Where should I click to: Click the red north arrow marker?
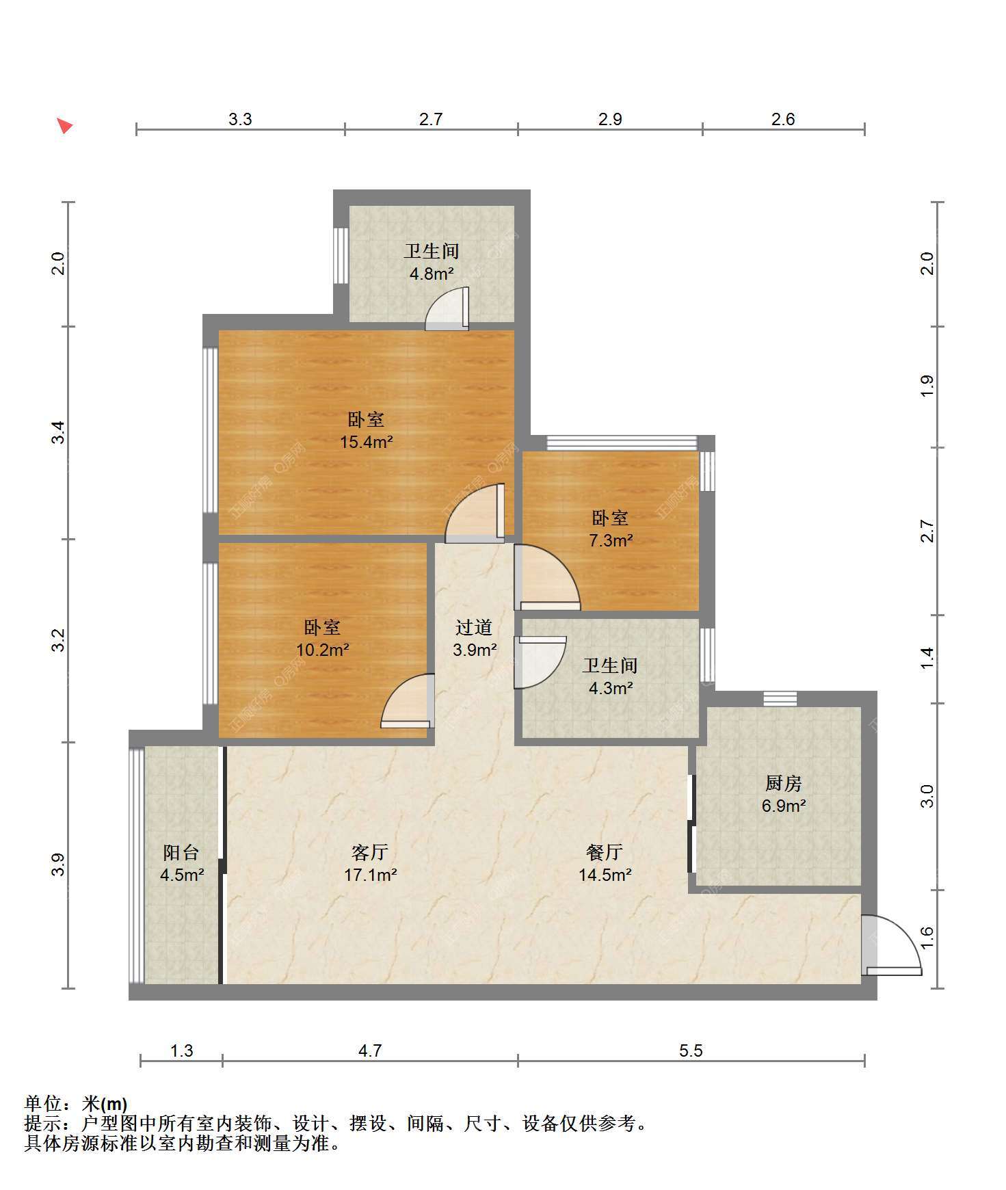tap(65, 126)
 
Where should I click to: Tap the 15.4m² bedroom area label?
tap(367, 442)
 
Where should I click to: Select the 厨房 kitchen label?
tap(784, 783)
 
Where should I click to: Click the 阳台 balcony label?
tap(181, 852)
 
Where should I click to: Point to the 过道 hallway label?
tap(474, 627)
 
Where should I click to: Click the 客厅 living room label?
tap(370, 852)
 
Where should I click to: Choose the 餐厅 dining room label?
tap(605, 852)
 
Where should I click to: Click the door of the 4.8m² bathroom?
tap(447, 309)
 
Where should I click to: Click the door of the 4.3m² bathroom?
tap(540, 662)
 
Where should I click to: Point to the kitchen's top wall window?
tap(780, 699)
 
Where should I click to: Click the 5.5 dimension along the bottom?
tap(691, 1050)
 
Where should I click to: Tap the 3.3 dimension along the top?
tap(240, 119)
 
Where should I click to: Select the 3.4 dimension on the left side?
tap(59, 432)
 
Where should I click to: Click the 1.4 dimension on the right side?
tap(927, 659)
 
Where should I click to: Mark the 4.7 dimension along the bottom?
tap(370, 1050)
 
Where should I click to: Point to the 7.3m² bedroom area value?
tap(611, 540)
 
